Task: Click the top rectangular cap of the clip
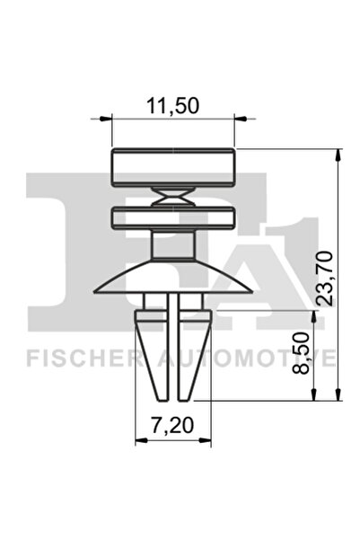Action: coord(172,165)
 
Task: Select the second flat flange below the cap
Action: coord(172,217)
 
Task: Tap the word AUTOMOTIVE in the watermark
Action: coord(242,359)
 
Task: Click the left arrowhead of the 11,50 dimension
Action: coord(115,117)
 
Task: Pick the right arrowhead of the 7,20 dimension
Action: coord(206,440)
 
